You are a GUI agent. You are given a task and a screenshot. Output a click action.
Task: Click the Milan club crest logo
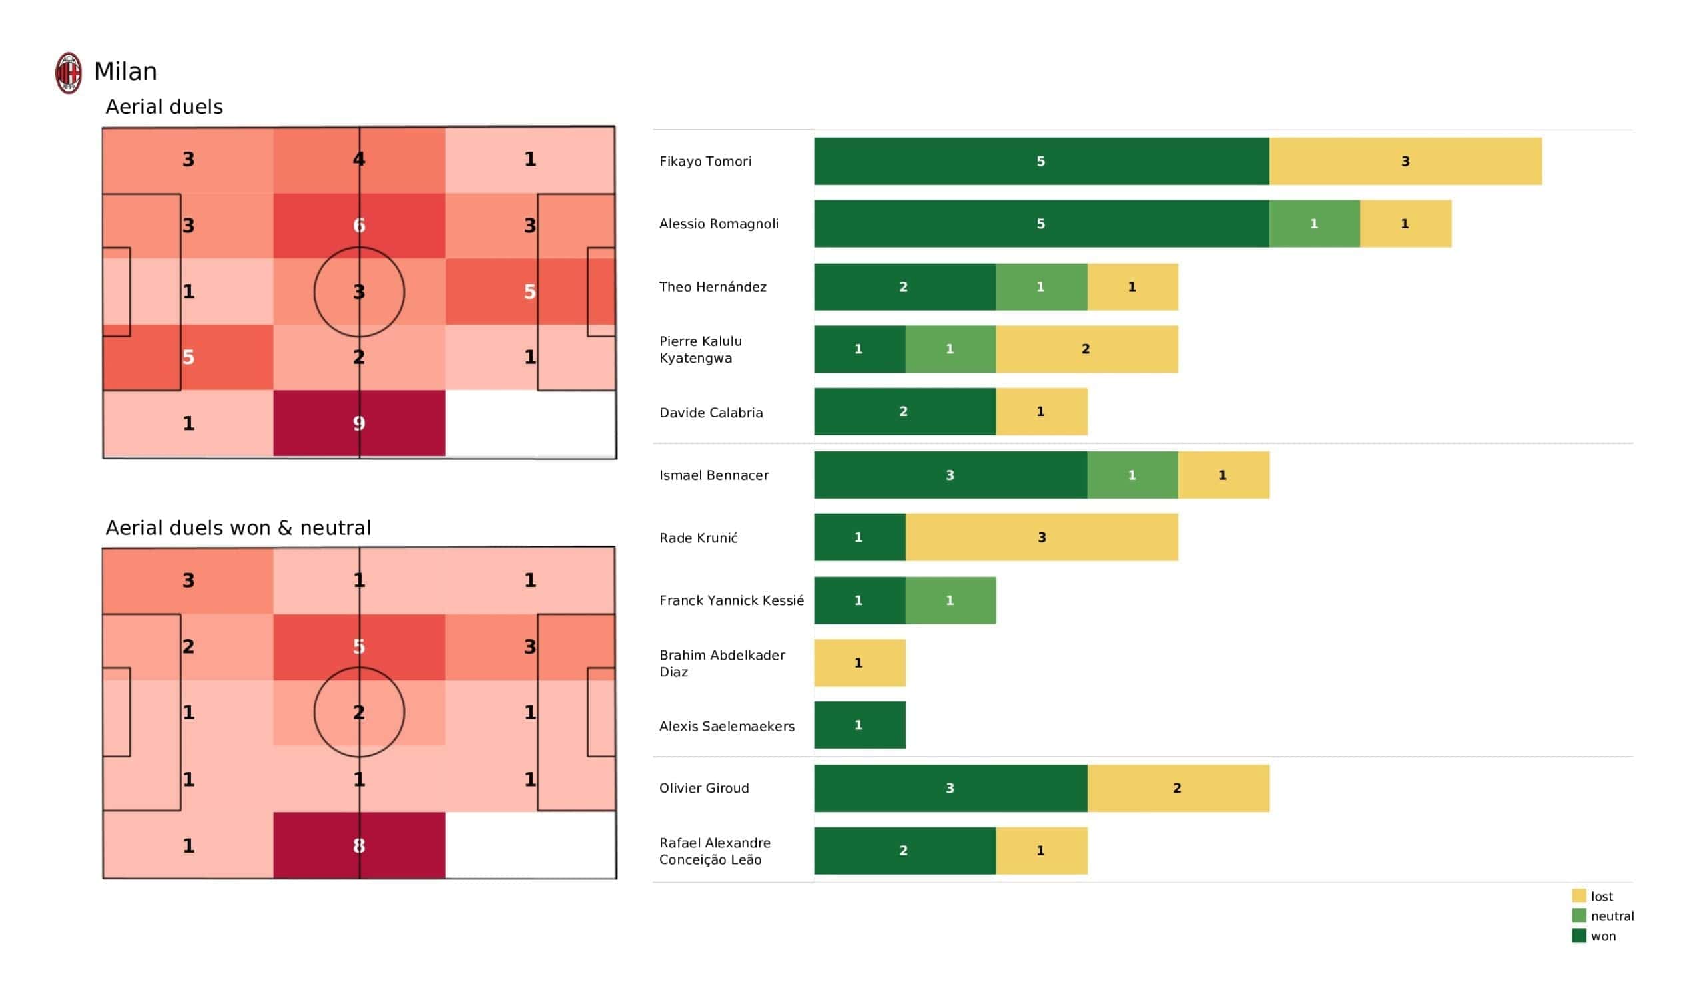click(x=69, y=73)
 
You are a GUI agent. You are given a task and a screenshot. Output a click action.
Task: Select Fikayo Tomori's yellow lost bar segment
click(x=1405, y=162)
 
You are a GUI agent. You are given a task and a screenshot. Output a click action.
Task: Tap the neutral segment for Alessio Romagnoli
click(x=1314, y=224)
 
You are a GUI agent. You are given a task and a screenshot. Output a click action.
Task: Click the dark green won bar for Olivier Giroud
click(x=950, y=789)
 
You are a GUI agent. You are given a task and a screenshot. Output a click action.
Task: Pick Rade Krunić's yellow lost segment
click(x=1041, y=538)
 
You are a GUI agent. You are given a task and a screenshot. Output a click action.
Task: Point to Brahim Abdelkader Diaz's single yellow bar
click(x=859, y=663)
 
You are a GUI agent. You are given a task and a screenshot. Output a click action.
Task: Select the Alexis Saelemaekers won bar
click(x=859, y=725)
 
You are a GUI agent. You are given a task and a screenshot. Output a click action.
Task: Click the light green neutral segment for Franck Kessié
click(x=950, y=600)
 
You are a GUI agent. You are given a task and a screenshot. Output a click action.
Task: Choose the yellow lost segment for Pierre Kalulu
click(x=1086, y=349)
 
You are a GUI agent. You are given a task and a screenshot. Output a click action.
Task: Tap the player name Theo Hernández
click(x=713, y=287)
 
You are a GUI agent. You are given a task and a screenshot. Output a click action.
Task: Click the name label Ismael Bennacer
click(x=714, y=475)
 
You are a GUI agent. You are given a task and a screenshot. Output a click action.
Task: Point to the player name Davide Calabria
click(x=711, y=413)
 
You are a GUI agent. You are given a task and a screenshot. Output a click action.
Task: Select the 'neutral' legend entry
click(x=1611, y=917)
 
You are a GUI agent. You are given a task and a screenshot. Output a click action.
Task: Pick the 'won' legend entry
click(x=1602, y=937)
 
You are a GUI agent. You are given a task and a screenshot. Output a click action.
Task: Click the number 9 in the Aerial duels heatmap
click(x=359, y=424)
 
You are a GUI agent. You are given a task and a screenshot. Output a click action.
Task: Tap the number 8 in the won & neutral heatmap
click(x=359, y=846)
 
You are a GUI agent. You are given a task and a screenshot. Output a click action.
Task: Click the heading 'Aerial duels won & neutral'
click(x=238, y=528)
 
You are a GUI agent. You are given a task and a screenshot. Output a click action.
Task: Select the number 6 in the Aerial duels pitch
click(x=359, y=226)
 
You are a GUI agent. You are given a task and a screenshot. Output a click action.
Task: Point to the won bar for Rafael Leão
click(x=904, y=851)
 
